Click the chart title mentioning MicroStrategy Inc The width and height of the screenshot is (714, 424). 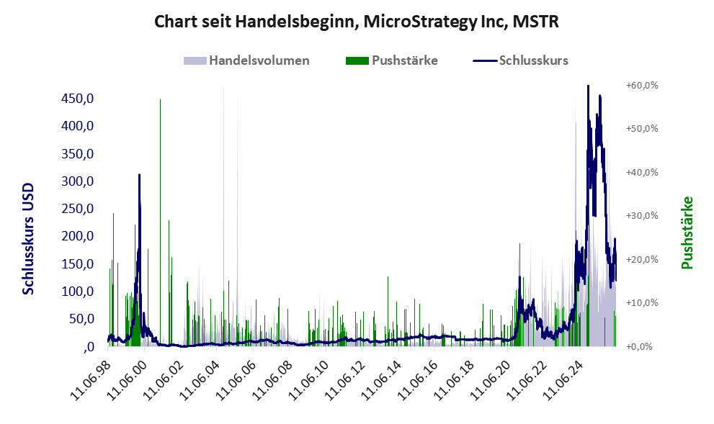tap(357, 22)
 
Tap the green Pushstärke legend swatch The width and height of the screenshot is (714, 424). tap(357, 60)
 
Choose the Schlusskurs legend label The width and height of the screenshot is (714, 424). tap(534, 60)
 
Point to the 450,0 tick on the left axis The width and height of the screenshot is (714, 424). tap(77, 99)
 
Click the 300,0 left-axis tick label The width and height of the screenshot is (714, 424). tap(77, 181)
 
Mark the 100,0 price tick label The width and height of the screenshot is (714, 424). tap(77, 291)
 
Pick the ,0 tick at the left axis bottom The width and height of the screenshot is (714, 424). tap(89, 347)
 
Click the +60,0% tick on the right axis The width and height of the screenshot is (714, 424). tap(642, 85)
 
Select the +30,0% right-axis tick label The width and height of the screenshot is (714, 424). tap(642, 216)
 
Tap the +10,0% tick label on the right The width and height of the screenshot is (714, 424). tap(642, 303)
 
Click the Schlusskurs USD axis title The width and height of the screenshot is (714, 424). tap(28, 239)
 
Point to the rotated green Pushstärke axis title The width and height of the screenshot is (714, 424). tap(687, 233)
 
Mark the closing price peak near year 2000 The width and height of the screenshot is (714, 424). tap(139, 175)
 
